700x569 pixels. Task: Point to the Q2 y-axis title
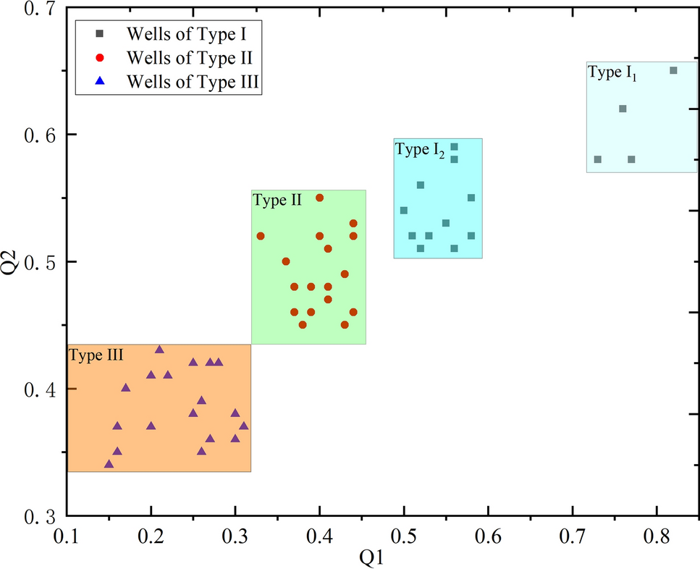pyautogui.click(x=13, y=262)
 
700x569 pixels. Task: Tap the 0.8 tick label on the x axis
pyautogui.click(x=657, y=536)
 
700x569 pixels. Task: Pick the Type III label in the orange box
pyautogui.click(x=96, y=355)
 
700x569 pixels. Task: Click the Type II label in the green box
pyautogui.click(x=277, y=201)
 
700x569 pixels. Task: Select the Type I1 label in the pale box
pyautogui.click(x=612, y=72)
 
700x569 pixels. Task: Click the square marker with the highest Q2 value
pyautogui.click(x=673, y=70)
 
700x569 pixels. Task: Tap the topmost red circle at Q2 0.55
pyautogui.click(x=319, y=198)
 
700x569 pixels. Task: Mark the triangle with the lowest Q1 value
pyautogui.click(x=109, y=464)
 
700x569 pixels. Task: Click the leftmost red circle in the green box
pyautogui.click(x=261, y=236)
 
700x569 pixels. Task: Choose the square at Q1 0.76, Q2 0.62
pyautogui.click(x=623, y=109)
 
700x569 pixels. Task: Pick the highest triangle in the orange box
pyautogui.click(x=159, y=350)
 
